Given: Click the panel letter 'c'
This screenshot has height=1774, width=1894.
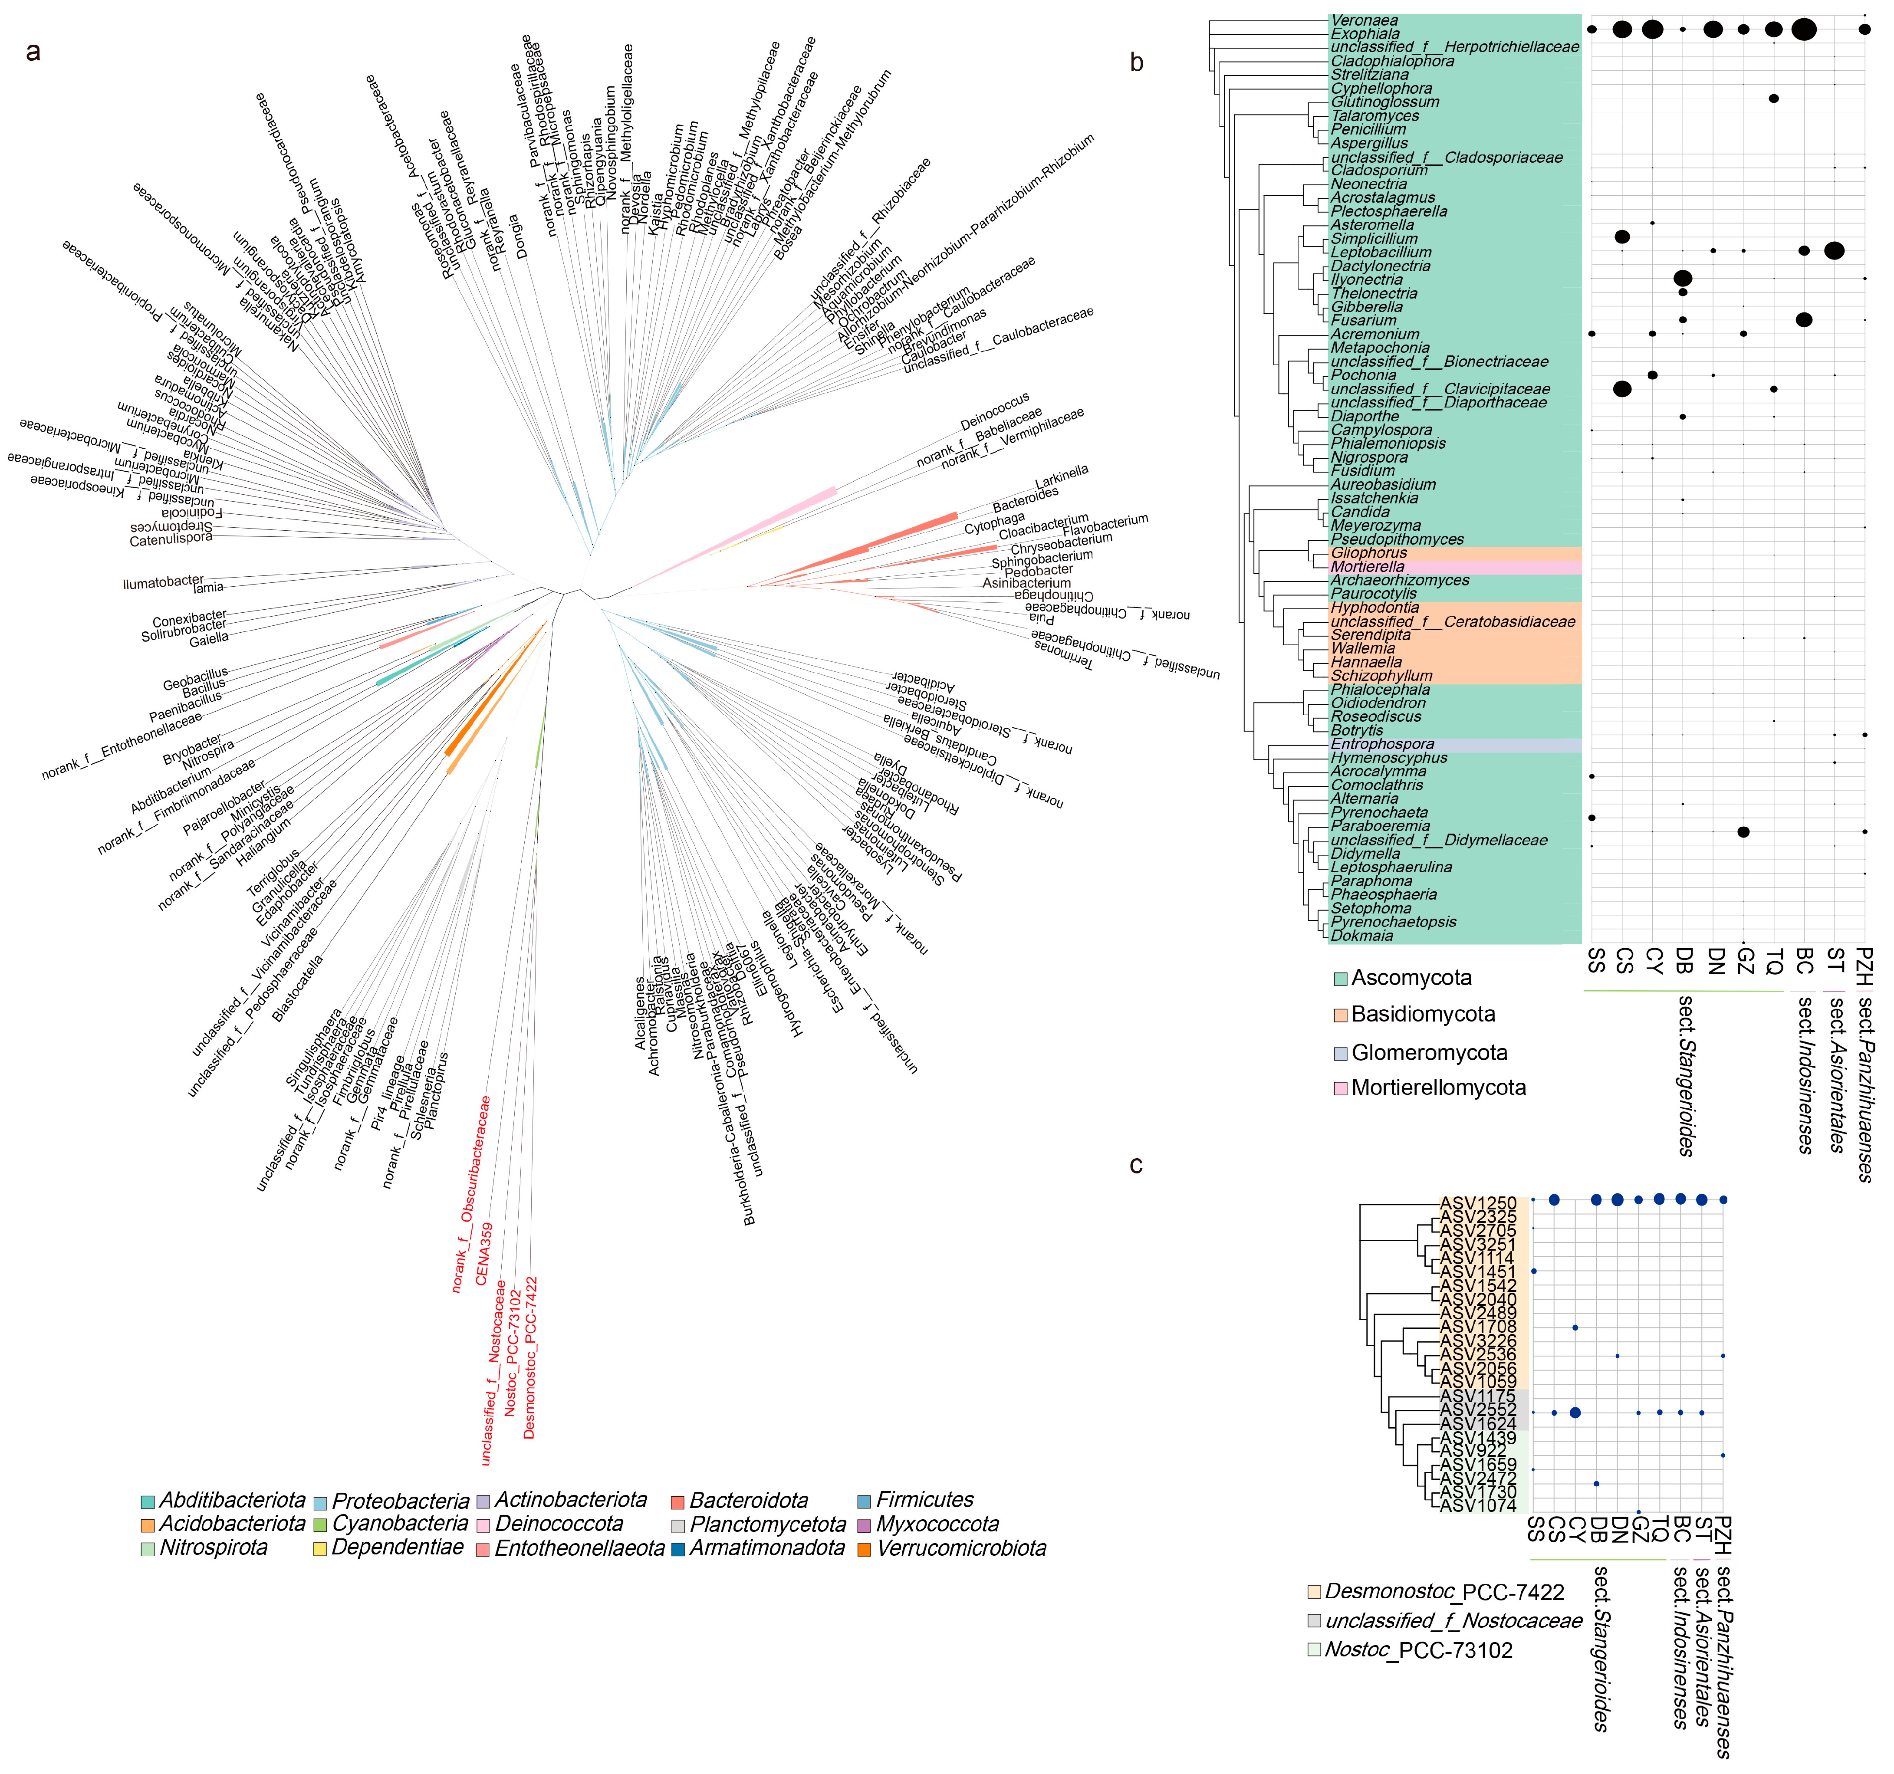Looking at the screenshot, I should [1136, 1165].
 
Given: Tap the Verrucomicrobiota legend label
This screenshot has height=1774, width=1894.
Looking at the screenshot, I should [961, 1548].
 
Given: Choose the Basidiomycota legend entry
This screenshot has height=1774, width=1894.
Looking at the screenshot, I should [1422, 1015].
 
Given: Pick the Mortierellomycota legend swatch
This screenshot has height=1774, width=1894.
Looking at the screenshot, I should [1341, 1088].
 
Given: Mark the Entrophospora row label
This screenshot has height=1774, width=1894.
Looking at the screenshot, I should [1382, 744].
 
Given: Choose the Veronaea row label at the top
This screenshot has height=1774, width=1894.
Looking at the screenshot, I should [1364, 20].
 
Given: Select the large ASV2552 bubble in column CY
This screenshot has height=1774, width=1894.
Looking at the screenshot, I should [1575, 1412].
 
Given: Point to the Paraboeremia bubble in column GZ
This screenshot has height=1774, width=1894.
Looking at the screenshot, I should [1743, 832].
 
